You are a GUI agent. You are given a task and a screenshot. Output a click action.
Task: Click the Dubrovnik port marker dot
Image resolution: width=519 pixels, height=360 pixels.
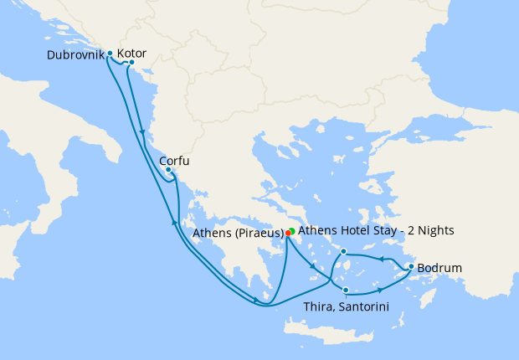110,54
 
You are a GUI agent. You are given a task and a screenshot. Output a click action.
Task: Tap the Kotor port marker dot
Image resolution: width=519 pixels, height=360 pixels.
131,62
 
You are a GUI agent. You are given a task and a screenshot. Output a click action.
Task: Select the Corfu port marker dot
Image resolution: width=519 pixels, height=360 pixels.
168,171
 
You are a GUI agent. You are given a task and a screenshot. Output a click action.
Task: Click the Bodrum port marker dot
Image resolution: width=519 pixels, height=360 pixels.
410,267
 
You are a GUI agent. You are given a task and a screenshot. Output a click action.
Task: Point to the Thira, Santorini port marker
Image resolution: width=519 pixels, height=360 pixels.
346,290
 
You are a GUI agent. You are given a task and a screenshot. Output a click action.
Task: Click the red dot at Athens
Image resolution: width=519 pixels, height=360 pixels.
288,233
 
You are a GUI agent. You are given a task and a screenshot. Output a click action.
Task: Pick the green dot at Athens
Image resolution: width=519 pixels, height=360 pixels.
292,230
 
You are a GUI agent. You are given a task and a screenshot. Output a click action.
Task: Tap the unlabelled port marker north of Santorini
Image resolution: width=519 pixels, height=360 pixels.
344,251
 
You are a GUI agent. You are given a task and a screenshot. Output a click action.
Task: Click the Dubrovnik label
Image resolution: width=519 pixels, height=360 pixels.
76,55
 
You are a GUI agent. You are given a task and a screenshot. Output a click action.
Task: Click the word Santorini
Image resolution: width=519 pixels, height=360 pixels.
363,306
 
